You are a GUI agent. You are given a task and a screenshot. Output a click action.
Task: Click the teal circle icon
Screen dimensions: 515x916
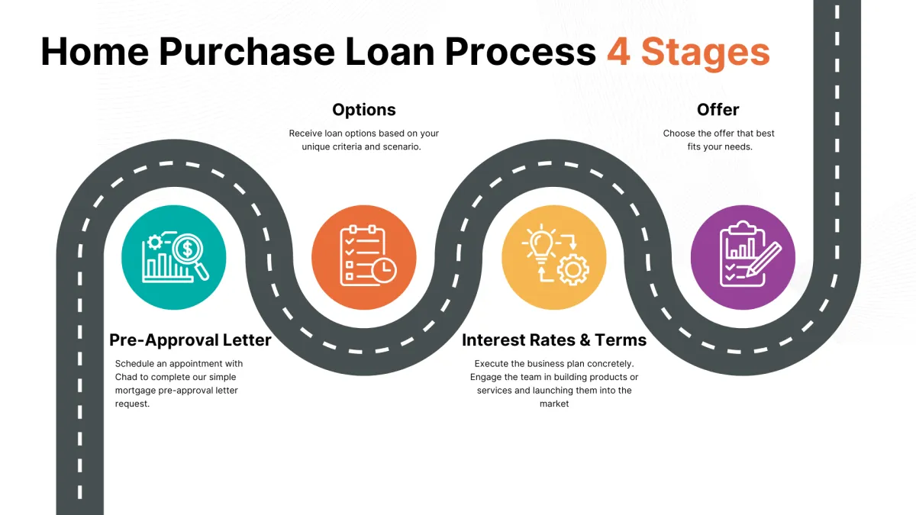(174, 257)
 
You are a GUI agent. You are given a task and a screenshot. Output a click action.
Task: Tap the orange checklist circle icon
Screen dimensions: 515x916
(364, 257)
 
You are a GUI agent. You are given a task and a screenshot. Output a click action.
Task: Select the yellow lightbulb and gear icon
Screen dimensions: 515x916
(553, 257)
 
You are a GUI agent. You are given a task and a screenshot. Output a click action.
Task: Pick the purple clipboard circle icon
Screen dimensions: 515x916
(743, 257)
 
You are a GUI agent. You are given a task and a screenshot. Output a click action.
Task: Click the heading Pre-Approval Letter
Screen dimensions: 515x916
(190, 340)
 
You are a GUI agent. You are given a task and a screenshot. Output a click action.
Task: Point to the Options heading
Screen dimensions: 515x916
(364, 110)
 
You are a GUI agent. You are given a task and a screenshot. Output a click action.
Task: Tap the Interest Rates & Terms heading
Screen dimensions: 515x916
(554, 340)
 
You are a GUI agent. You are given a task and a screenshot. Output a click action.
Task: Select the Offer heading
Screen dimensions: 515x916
(718, 110)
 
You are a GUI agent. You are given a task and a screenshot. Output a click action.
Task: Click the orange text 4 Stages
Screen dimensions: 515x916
(688, 52)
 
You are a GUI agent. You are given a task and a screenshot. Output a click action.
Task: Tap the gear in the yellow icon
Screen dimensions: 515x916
(572, 270)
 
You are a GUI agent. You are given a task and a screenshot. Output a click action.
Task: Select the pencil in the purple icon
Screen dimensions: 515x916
(765, 258)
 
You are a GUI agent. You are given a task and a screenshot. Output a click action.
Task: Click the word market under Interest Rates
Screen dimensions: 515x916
(554, 404)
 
